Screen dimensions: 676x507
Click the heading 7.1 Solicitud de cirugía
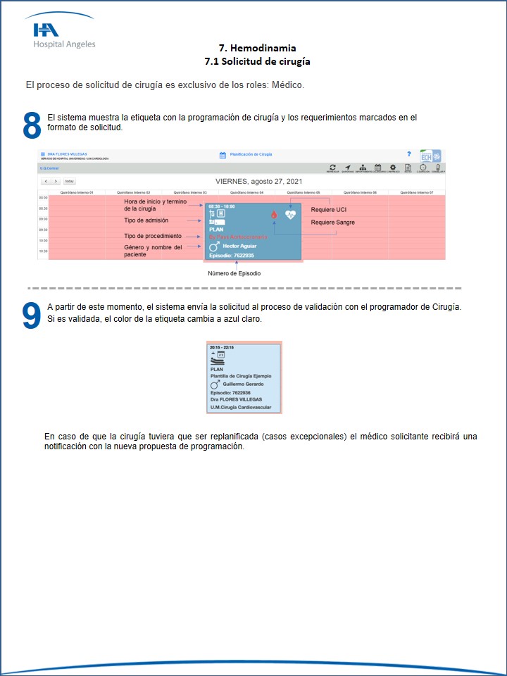coord(257,61)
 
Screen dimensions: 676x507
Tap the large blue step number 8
coord(32,125)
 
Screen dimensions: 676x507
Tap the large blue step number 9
coord(32,315)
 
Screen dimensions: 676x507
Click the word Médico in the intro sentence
coord(284,85)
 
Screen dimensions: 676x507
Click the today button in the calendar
coord(69,181)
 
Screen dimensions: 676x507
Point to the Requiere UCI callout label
coord(329,210)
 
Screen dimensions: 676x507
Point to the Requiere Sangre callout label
coord(333,223)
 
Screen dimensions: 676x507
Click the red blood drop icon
coord(274,215)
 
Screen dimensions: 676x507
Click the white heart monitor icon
coord(290,214)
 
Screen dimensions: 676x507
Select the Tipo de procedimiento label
coord(154,236)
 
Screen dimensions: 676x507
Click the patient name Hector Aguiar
coord(239,246)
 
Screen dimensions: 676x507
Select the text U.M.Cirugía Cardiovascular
coord(242,407)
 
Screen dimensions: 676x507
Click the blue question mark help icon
coord(409,154)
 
